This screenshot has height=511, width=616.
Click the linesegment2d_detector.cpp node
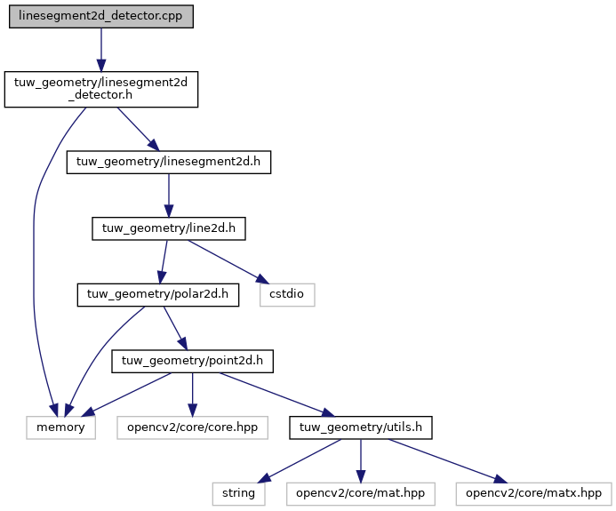(101, 17)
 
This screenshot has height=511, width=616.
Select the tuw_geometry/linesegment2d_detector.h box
(101, 89)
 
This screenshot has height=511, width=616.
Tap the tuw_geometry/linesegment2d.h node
(169, 162)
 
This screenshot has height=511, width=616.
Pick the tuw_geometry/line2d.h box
(169, 228)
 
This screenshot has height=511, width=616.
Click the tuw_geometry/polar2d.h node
(158, 294)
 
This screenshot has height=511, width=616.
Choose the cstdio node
(287, 294)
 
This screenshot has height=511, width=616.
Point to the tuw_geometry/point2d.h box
(193, 361)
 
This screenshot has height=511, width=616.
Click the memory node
(61, 427)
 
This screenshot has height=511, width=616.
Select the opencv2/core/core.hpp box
(193, 427)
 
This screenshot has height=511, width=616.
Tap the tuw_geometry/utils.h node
(361, 427)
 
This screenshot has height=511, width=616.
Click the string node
(239, 494)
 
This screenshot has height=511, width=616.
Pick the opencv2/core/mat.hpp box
(361, 494)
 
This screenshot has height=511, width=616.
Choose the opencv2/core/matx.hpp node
(534, 494)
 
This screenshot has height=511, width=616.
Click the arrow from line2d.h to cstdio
(228, 261)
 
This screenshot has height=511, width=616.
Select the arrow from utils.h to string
(300, 460)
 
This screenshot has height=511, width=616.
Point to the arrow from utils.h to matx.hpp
(448, 460)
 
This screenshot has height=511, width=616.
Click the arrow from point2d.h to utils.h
(277, 395)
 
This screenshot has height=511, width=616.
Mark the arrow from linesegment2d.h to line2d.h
(169, 196)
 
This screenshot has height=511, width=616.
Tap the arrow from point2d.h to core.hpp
(193, 395)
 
